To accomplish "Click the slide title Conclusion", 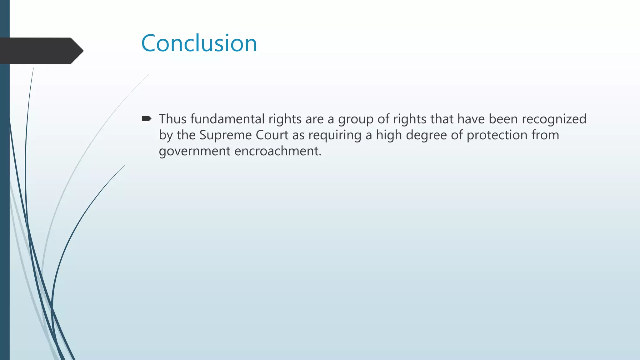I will tap(199, 43).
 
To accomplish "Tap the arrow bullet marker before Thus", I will tap(146, 119).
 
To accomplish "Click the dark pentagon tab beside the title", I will tap(41, 51).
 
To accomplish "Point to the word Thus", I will tap(172, 119).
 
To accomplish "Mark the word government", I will tap(195, 152).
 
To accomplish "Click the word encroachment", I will tap(278, 151).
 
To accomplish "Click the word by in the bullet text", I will tap(166, 135).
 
